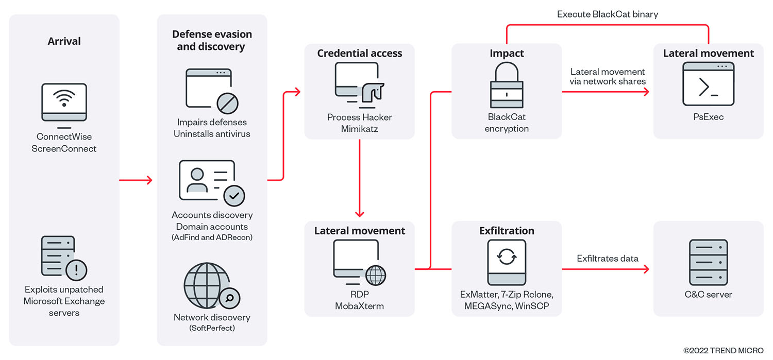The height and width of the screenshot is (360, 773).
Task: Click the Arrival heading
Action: click(64, 41)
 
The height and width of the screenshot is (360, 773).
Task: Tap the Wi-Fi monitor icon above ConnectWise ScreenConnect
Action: click(64, 105)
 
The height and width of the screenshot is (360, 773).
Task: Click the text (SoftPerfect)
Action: click(212, 328)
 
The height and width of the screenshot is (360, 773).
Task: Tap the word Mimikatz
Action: click(359, 129)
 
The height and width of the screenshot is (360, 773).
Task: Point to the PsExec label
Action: click(708, 117)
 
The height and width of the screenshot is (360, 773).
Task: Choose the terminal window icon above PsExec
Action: click(708, 84)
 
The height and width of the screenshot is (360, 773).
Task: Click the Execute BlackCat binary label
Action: click(608, 14)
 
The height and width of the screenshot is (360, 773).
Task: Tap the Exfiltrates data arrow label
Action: click(608, 259)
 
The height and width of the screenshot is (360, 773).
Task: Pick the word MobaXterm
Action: click(359, 306)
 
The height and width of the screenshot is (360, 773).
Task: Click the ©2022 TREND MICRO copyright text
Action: click(723, 351)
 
